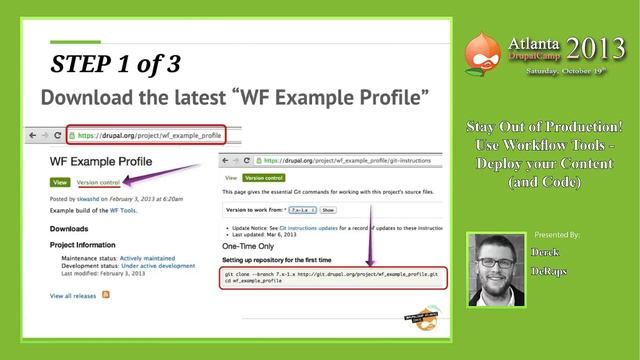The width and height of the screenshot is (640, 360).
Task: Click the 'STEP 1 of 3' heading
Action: click(116, 66)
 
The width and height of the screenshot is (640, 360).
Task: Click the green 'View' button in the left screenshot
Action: click(60, 182)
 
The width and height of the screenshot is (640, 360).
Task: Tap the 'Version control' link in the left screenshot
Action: click(98, 182)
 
